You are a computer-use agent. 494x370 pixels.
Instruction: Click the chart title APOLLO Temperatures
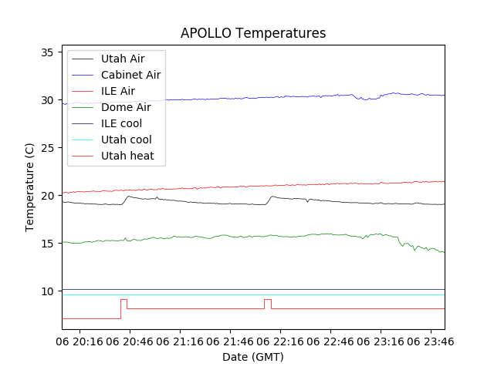click(x=253, y=33)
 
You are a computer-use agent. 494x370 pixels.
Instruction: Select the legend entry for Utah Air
click(x=122, y=59)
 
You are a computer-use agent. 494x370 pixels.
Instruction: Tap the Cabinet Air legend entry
click(x=130, y=75)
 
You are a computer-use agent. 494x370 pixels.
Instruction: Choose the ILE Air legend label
click(x=117, y=91)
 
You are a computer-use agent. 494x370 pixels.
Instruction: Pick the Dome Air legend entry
click(x=126, y=107)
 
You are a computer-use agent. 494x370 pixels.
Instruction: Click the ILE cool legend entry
click(x=121, y=123)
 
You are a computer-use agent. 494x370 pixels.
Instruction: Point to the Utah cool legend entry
click(x=126, y=140)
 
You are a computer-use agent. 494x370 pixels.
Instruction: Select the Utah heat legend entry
click(x=127, y=156)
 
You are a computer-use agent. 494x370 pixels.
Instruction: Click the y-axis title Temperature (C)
click(x=29, y=187)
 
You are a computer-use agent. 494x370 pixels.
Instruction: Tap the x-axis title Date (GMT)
click(x=253, y=357)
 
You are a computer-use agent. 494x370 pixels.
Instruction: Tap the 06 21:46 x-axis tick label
click(x=229, y=340)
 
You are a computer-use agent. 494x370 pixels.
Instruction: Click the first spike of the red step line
click(x=123, y=299)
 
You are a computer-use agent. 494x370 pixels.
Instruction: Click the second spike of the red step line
click(x=267, y=299)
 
